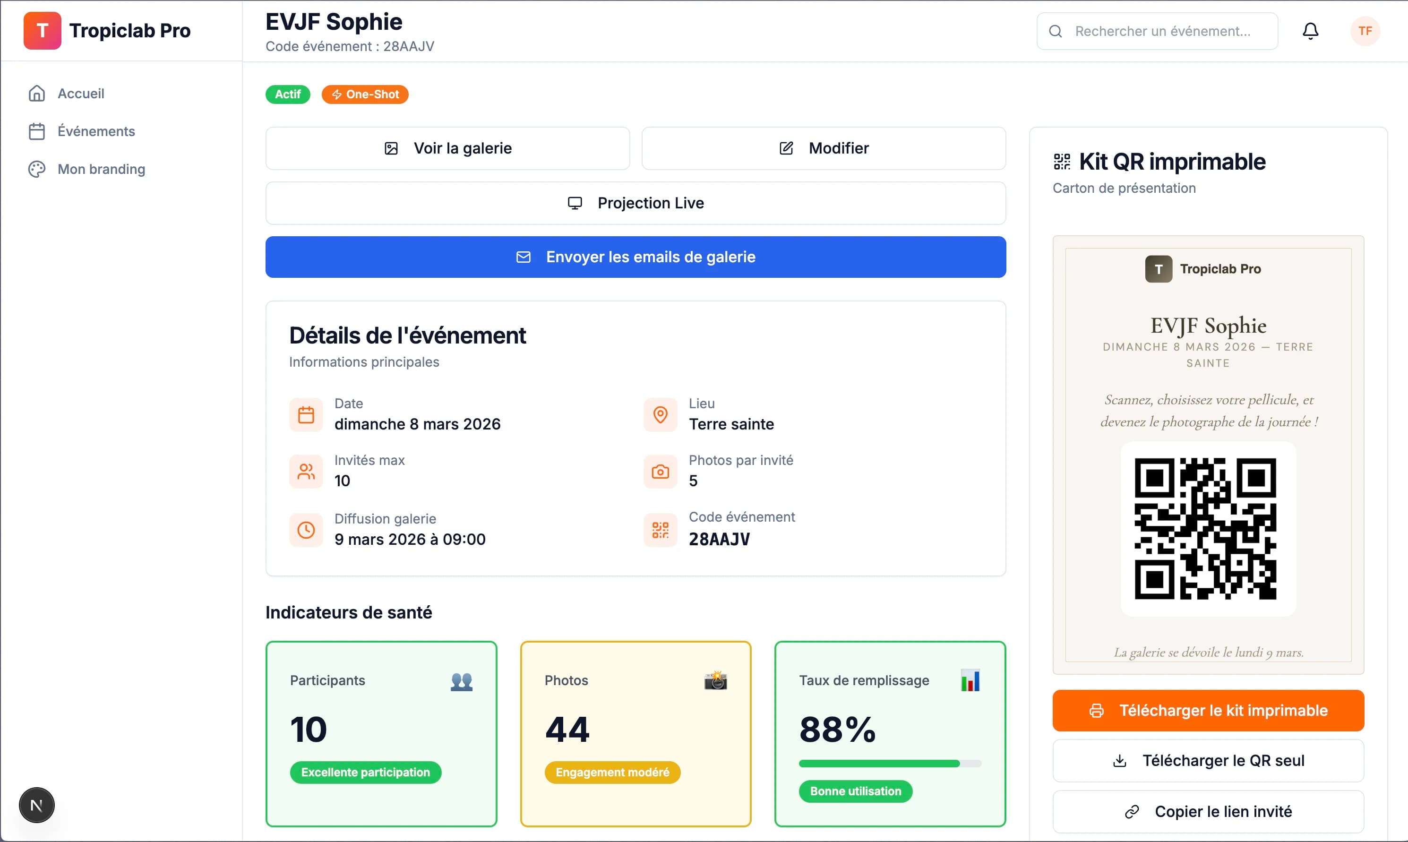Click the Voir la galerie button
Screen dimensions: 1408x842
(447, 148)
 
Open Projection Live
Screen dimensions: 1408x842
(635, 203)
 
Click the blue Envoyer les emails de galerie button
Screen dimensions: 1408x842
(635, 257)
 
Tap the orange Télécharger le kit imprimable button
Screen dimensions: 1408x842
(1208, 710)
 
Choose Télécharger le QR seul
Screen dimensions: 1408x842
(1208, 760)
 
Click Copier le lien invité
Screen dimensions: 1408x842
(1208, 811)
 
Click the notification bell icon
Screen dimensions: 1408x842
(1310, 31)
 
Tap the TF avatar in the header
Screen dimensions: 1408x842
(1365, 31)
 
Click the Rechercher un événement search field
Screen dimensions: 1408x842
(1157, 31)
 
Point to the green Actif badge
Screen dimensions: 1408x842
(288, 94)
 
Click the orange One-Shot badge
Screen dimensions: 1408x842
(365, 94)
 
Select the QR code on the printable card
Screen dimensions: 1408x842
(1205, 529)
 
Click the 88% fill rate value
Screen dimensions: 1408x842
(837, 730)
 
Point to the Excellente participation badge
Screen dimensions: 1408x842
(366, 772)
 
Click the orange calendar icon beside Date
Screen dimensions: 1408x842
(306, 415)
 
